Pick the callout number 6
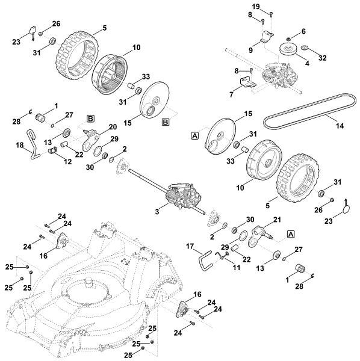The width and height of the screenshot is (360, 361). coord(303,31)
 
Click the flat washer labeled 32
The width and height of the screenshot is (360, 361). coord(306,48)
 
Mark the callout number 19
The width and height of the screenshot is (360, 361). coord(272,6)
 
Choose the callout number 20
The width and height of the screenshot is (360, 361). coord(113,127)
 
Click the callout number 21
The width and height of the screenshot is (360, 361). coord(278,220)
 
